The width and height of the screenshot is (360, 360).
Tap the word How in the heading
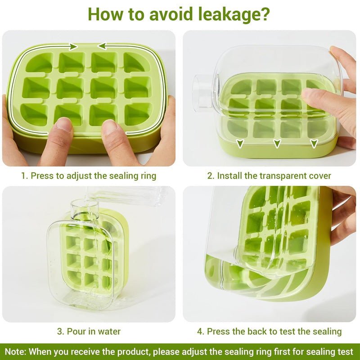(x=106, y=14)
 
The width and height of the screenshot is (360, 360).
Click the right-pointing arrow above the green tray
(x=73, y=47)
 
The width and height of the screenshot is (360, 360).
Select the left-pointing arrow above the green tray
(x=102, y=46)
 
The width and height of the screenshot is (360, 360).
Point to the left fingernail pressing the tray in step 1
(x=63, y=124)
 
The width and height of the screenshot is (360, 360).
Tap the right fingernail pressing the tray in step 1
(x=109, y=127)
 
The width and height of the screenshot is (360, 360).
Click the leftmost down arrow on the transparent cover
(x=240, y=144)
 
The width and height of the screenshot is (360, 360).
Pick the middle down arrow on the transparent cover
(x=277, y=144)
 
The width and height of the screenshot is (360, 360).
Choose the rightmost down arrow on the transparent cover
(x=314, y=144)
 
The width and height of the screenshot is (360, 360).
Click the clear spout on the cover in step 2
(x=203, y=91)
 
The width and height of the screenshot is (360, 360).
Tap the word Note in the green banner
(x=15, y=352)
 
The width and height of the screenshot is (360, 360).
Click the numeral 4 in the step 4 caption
(x=200, y=332)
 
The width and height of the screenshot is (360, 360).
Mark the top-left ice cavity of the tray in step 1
(x=39, y=63)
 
